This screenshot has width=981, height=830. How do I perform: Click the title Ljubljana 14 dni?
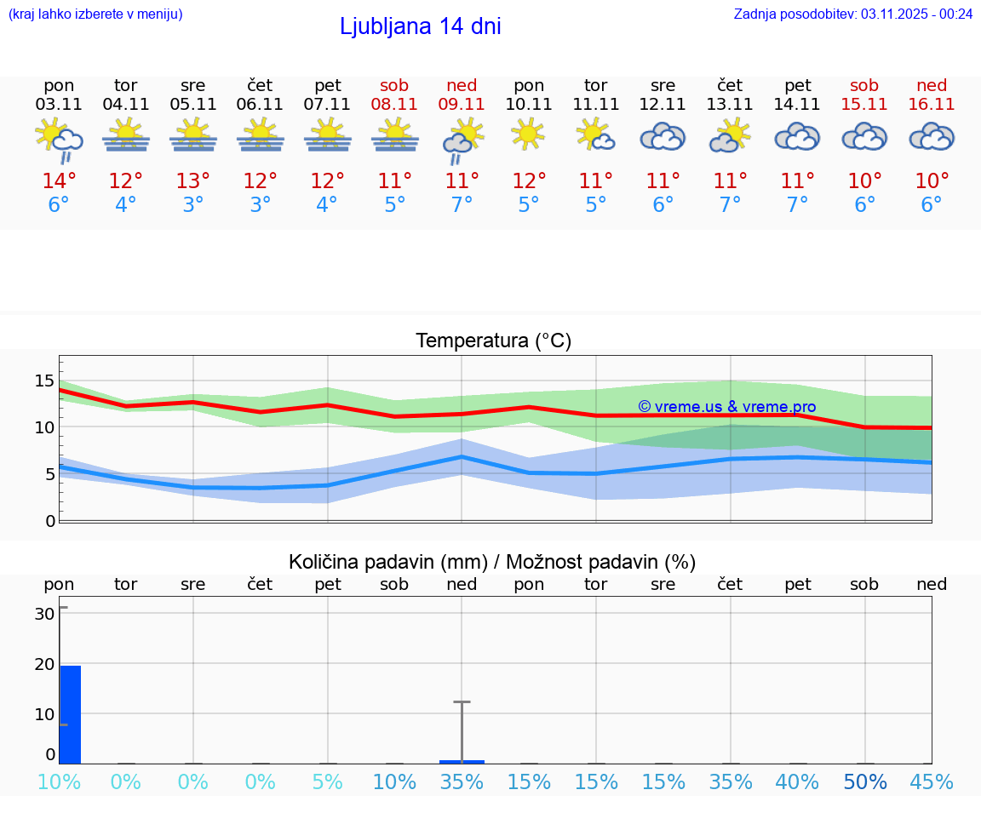point(420,26)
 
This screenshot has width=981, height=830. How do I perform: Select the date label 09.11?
point(462,104)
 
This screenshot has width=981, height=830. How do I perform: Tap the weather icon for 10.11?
point(528,135)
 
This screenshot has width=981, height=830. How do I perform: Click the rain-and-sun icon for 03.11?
point(59,139)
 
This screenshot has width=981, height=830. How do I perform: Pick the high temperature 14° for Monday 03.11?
point(59,181)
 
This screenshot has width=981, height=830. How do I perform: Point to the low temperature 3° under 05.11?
point(193,205)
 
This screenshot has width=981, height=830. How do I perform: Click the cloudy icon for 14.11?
point(797,136)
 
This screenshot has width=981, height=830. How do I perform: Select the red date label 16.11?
point(932,104)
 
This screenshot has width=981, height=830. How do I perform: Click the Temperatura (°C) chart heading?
point(493,341)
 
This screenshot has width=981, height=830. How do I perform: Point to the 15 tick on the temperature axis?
point(44,381)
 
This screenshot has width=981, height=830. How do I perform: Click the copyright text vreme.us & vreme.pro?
point(726,407)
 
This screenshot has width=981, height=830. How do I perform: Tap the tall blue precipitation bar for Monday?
point(70,714)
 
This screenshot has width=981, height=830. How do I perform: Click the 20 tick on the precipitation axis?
point(44,664)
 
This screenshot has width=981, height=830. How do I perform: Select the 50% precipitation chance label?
point(864,782)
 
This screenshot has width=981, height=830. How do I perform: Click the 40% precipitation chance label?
point(797,782)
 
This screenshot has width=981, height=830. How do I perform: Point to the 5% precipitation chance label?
point(327,782)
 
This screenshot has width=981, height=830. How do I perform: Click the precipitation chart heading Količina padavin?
point(492,562)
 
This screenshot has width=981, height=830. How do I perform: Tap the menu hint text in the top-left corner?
point(95,14)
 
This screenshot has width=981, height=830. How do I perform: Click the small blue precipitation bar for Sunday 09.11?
point(462,761)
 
